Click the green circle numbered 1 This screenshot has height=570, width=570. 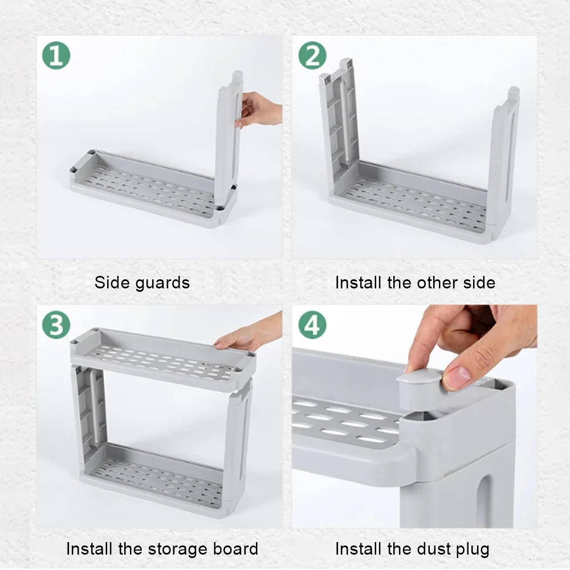point(56,55)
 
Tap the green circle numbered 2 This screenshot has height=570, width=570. point(312,55)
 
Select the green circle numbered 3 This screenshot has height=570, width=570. point(56,325)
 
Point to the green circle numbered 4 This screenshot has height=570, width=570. point(312,325)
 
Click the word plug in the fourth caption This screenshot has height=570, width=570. point(471,549)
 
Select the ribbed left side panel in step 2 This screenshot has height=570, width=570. point(340,120)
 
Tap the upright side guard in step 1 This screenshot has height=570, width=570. point(229,138)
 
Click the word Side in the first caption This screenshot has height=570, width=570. point(112,283)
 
